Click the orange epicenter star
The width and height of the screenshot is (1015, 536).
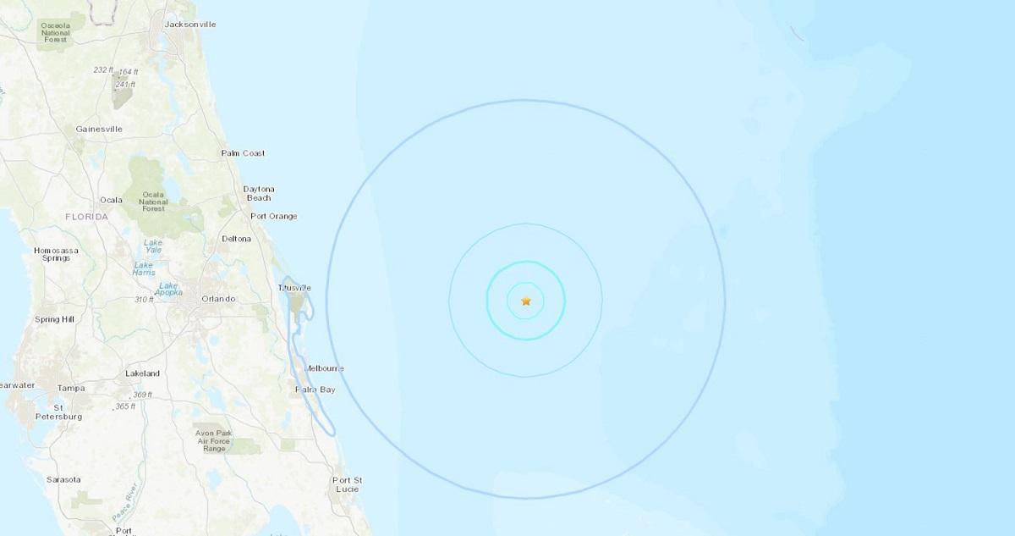[x=526, y=301]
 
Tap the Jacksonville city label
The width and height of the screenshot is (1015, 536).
[x=190, y=24]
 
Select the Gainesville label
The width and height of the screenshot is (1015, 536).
[x=99, y=129]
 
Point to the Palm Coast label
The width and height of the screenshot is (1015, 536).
[x=243, y=153]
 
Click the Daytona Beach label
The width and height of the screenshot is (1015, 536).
[x=258, y=193]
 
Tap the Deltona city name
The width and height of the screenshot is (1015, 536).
[x=237, y=239]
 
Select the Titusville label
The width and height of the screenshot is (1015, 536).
[x=294, y=288]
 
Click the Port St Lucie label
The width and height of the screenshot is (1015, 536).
[x=347, y=485]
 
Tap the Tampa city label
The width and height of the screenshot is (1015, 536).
[x=71, y=388]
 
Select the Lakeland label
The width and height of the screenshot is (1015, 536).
[x=142, y=373]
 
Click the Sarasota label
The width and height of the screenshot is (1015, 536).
[x=63, y=480]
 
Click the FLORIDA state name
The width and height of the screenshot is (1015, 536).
[x=87, y=218]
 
